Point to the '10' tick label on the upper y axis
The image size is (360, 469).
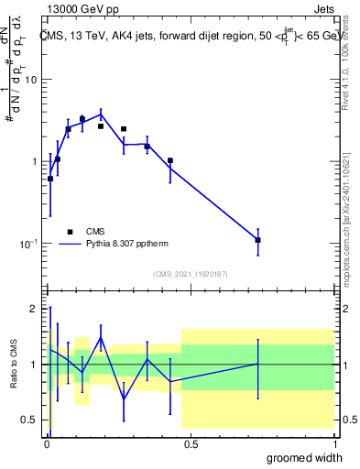point(30,80)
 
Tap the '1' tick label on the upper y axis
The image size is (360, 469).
point(34,161)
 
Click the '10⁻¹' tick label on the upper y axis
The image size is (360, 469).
point(27,243)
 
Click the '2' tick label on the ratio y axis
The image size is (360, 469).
point(34,309)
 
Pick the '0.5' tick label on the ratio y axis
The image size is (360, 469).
point(29,420)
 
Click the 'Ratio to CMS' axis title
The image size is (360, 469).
point(13,364)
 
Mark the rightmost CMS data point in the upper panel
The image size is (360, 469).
point(258,240)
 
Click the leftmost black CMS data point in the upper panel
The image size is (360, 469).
point(50,179)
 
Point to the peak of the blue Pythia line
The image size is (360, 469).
point(101,115)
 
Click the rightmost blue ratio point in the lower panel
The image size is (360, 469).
point(258,365)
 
